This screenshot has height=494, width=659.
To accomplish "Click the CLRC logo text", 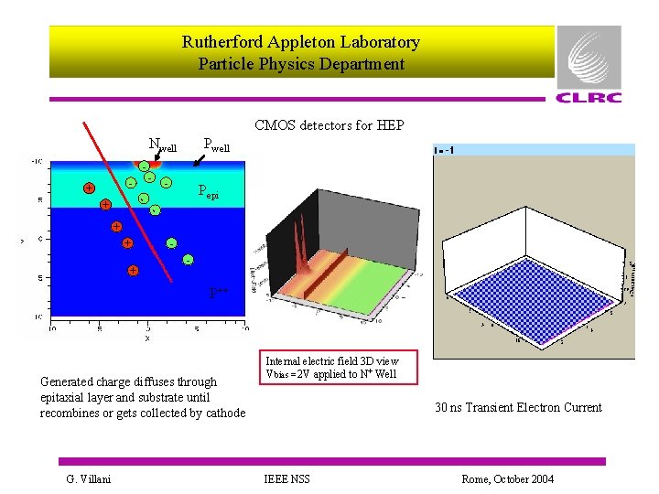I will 588,98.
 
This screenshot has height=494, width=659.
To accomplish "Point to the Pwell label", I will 216,144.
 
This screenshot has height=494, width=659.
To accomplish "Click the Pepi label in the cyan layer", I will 209,192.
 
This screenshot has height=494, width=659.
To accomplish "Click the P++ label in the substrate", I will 218,294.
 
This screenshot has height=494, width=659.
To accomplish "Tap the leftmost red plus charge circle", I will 89,188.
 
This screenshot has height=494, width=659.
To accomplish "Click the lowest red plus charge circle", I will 133,271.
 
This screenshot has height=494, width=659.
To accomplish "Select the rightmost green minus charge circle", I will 188,261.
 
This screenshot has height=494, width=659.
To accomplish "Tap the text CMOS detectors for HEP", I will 329,124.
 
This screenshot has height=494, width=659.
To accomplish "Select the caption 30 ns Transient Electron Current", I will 518,407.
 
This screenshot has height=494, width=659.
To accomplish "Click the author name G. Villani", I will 89,478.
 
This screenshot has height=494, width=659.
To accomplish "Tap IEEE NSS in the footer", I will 287,478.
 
